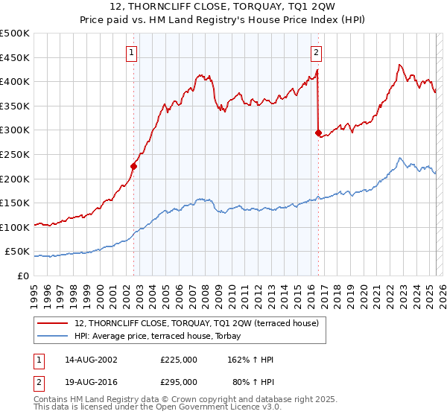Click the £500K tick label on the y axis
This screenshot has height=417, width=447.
[15, 34]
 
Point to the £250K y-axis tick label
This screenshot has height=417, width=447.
[15, 154]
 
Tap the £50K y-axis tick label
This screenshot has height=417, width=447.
[18, 252]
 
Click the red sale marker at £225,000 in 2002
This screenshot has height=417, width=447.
[134, 166]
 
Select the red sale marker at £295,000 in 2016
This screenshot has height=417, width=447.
[318, 133]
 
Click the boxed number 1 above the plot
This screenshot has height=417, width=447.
[132, 52]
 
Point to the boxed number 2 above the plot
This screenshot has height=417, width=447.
[317, 52]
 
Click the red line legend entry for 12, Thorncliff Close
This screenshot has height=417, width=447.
[197, 322]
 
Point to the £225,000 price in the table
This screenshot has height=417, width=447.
[179, 360]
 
